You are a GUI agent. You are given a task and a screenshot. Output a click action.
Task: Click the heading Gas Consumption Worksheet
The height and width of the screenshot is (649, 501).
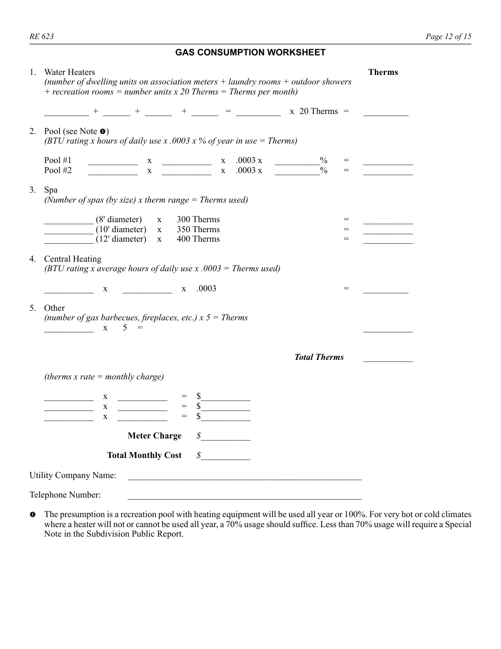coord(250,52)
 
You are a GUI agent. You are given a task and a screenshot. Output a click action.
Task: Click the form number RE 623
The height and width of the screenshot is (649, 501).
coord(41,36)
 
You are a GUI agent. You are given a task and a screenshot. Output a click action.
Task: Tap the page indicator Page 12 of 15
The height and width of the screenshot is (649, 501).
coord(448,36)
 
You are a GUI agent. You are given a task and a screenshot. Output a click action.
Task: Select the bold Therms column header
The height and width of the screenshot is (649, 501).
coord(383,72)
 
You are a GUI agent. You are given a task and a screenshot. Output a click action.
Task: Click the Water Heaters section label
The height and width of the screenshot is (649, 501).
coord(70,72)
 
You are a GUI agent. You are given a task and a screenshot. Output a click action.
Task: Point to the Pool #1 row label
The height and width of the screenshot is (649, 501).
coord(58,160)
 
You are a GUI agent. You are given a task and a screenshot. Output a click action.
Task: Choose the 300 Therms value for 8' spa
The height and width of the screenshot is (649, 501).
coord(198,219)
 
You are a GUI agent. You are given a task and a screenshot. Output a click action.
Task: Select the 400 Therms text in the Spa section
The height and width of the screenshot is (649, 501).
coord(198,239)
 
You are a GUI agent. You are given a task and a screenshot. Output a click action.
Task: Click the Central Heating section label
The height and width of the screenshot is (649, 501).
coord(72,259)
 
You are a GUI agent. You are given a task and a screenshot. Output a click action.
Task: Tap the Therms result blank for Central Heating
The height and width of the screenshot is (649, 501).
coord(386,290)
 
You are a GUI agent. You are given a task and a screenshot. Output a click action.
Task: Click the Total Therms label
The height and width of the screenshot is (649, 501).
coord(319,357)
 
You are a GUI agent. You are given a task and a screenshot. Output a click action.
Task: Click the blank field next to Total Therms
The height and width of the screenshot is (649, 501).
coord(388,358)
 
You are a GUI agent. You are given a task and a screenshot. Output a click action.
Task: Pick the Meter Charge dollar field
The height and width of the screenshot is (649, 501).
coord(225,437)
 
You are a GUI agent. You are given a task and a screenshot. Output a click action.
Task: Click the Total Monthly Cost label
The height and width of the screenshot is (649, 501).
coord(144,455)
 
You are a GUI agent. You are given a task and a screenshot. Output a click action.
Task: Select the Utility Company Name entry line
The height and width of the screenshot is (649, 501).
coord(245,476)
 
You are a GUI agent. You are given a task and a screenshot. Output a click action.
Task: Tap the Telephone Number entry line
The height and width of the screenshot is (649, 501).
coord(245,496)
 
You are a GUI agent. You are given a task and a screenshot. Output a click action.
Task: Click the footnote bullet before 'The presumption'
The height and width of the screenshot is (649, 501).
coord(32,514)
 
